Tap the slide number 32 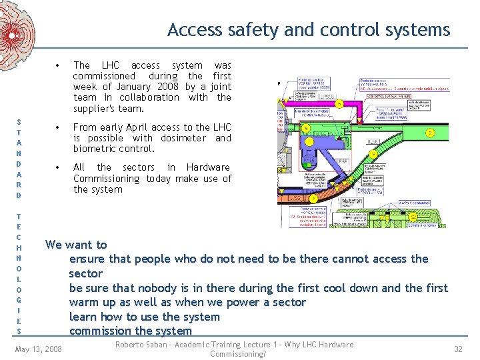[x=457, y=349]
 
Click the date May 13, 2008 [x=38, y=349]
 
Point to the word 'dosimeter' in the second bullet [x=183, y=138]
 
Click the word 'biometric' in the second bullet [x=95, y=149]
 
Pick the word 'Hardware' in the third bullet [x=208, y=167]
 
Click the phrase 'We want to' [x=75, y=245]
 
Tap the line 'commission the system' [x=130, y=331]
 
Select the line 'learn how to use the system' [x=144, y=317]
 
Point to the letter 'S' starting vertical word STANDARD [x=19, y=121]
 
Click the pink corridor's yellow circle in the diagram [x=339, y=104]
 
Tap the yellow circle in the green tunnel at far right [x=431, y=133]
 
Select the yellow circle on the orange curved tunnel [x=313, y=198]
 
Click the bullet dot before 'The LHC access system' [x=59, y=65]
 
